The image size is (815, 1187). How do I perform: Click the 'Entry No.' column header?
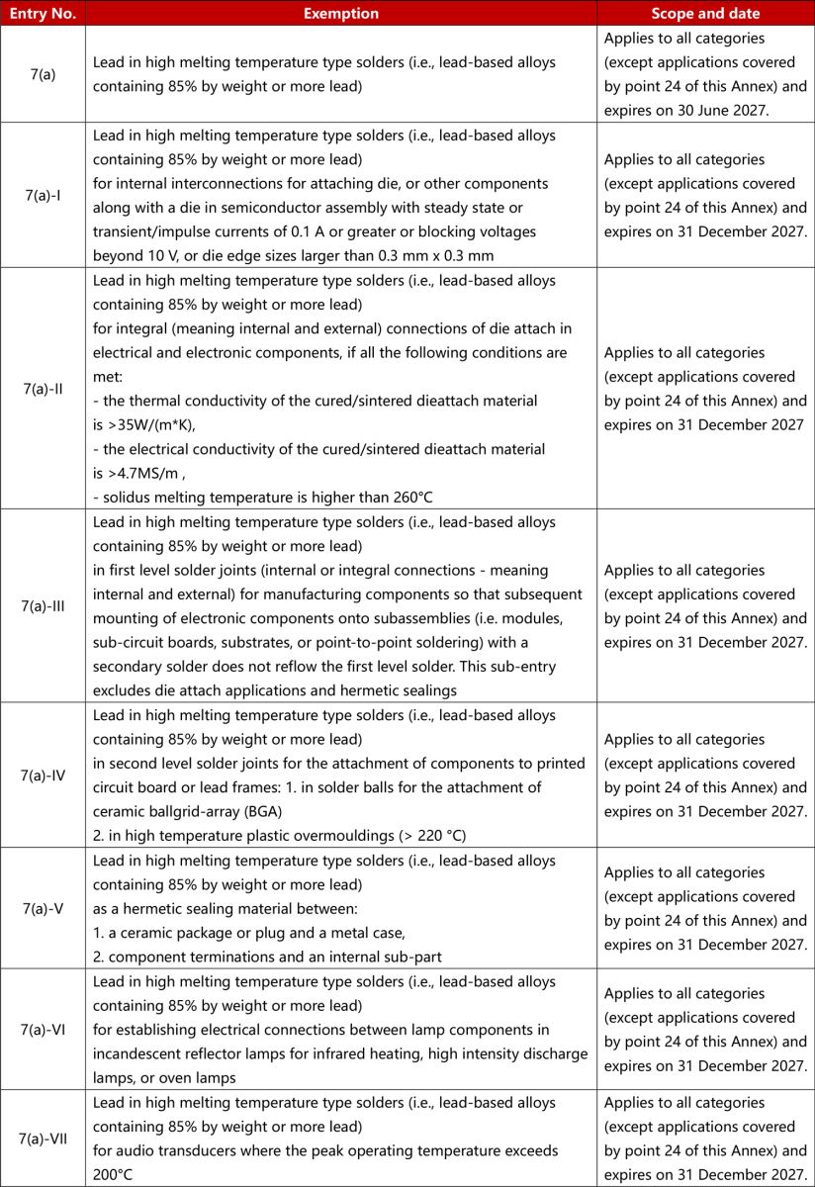tap(43, 14)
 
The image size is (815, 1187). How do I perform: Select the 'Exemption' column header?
tap(340, 14)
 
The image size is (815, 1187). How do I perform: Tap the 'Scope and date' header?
tap(705, 14)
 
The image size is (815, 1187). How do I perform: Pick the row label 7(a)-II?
tap(43, 389)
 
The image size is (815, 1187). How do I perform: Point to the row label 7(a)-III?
tap(43, 606)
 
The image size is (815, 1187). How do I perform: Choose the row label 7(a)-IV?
tap(43, 776)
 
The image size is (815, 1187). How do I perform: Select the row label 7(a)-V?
tap(43, 909)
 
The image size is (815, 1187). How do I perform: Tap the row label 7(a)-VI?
tap(43, 1029)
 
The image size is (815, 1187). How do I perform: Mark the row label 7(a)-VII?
tap(43, 1139)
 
